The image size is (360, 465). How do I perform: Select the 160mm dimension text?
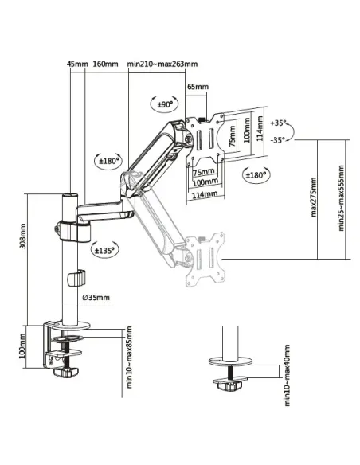point(105,64)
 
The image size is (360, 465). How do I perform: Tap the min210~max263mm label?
point(162,64)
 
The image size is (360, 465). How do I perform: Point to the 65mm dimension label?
point(198,87)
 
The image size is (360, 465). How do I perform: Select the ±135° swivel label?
point(104,249)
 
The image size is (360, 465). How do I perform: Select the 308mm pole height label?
point(22,235)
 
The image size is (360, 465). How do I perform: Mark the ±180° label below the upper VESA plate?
point(256,174)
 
